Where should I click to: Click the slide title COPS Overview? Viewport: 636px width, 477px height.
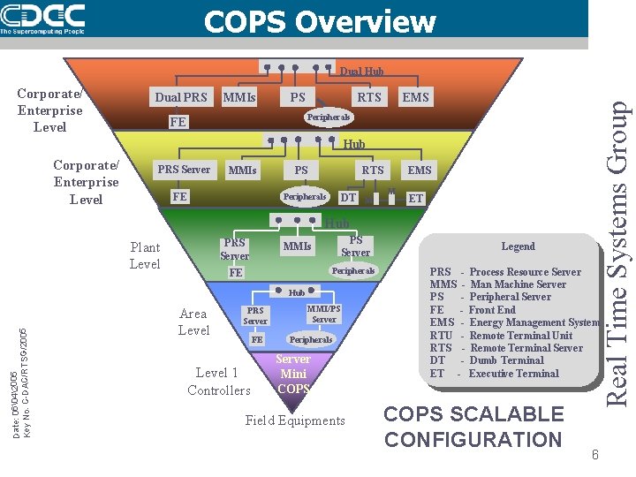click(320, 21)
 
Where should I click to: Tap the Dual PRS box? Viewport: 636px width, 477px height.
click(181, 97)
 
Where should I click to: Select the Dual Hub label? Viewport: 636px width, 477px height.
click(361, 72)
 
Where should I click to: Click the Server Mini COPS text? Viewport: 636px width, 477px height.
click(292, 374)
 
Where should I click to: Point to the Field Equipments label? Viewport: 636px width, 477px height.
click(295, 420)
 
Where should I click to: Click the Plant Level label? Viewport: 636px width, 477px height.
click(145, 256)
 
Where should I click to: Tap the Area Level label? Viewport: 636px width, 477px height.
click(193, 322)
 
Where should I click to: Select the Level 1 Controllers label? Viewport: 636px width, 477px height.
click(218, 382)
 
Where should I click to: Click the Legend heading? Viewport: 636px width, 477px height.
click(518, 246)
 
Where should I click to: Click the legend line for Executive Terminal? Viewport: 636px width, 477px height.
click(494, 374)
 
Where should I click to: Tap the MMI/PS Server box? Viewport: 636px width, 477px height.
click(323, 314)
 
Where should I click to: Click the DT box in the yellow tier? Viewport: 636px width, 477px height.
click(349, 198)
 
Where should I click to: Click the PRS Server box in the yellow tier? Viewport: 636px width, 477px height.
click(184, 170)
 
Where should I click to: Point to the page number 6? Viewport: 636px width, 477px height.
click(595, 455)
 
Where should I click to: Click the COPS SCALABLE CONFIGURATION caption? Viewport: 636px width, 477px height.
click(473, 427)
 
